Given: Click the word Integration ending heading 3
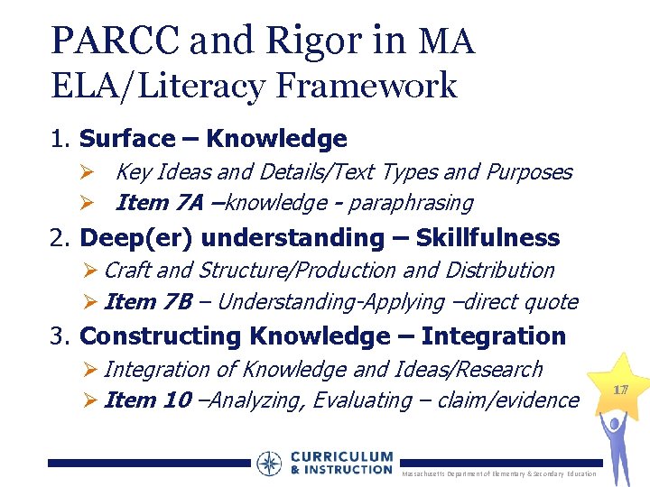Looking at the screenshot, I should coord(493,336).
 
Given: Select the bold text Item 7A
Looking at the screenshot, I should coord(159,203).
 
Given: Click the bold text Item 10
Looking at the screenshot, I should coord(147,400).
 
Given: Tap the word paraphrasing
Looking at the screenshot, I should coord(411,203).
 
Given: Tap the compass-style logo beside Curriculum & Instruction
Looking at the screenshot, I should coord(269,464).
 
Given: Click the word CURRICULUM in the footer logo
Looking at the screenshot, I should coord(342,457).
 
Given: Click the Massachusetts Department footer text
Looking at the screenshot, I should coord(498,474).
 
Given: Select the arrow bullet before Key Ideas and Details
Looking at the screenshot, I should coord(88,172).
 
